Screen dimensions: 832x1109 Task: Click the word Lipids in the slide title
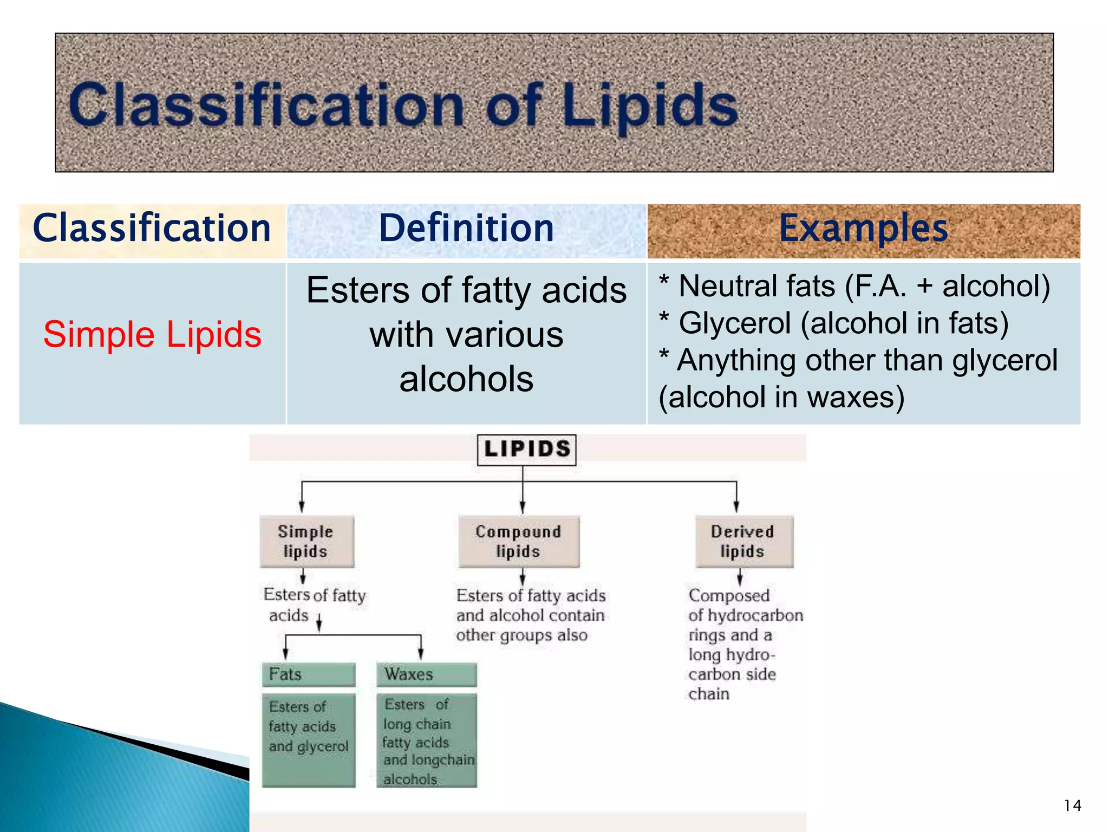point(650,106)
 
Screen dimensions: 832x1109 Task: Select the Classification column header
point(152,229)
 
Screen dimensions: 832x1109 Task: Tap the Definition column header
point(466,229)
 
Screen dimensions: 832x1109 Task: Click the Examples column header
point(863,229)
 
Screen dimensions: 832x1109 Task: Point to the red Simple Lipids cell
point(152,334)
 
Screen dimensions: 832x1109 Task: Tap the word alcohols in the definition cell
point(466,379)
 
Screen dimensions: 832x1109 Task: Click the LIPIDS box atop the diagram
point(526,450)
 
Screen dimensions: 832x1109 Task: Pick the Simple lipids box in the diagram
point(306,541)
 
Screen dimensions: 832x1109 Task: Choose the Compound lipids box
point(518,541)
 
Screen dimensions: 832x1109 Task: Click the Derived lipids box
point(743,541)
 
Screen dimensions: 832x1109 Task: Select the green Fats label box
point(308,674)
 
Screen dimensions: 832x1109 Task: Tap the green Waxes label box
point(426,674)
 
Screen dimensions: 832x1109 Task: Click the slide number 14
point(1072,805)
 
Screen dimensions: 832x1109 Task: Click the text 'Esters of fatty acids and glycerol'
point(308,727)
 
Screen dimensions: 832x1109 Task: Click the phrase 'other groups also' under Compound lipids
point(521,635)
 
